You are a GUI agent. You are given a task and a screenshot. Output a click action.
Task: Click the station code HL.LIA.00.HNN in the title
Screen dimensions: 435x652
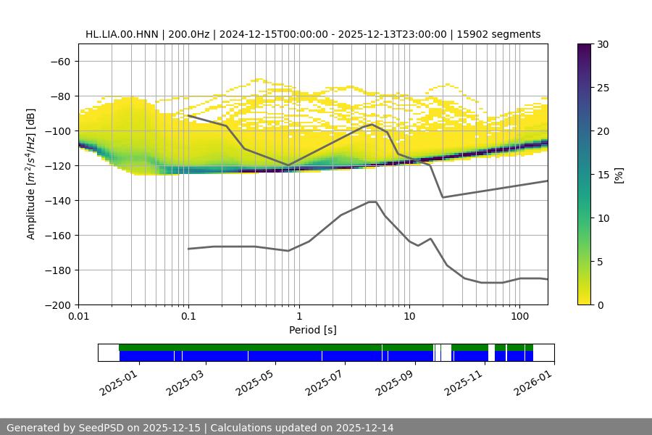pyautogui.click(x=121, y=34)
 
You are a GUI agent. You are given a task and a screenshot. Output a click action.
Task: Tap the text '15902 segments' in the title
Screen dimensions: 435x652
pyautogui.click(x=503, y=34)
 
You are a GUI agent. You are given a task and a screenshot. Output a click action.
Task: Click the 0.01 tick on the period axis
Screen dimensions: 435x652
pyautogui.click(x=78, y=317)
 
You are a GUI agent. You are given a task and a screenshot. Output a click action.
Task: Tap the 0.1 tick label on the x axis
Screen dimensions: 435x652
pyautogui.click(x=188, y=317)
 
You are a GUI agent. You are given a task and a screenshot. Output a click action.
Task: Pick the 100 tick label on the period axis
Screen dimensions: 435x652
pyautogui.click(x=519, y=317)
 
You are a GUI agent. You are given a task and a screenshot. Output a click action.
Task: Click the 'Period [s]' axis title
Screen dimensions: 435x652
pyautogui.click(x=313, y=330)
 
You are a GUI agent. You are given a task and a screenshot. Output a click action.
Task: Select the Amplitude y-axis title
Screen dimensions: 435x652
pyautogui.click(x=30, y=174)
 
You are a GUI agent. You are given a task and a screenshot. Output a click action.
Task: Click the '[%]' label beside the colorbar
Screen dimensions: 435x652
pyautogui.click(x=618, y=174)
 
